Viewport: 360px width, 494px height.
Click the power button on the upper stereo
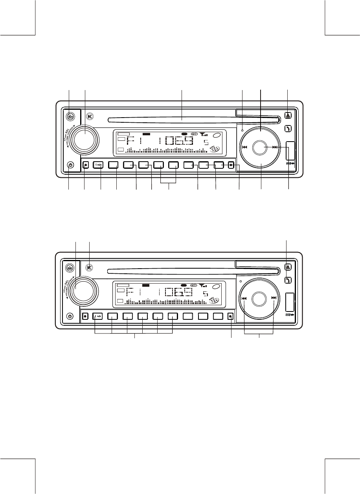pos(70,165)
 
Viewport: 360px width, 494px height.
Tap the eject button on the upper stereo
pos(288,116)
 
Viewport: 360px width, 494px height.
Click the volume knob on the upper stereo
pos(85,138)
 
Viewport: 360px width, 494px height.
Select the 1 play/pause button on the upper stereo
pos(98,165)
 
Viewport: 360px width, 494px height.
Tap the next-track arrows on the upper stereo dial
pos(275,147)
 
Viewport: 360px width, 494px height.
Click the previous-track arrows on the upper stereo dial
pos(245,147)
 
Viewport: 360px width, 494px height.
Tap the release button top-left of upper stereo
pos(70,116)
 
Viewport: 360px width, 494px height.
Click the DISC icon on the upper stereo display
pos(214,150)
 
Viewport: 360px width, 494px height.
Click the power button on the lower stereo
pos(70,316)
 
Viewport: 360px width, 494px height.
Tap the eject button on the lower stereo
pos(288,267)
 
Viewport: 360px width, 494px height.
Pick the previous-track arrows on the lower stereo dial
pos(244,298)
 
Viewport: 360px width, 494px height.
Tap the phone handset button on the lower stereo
pos(288,280)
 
